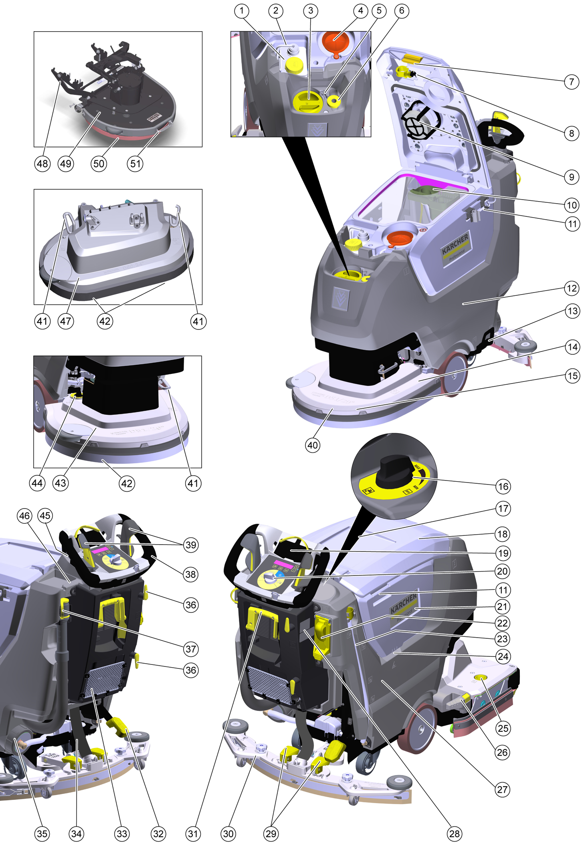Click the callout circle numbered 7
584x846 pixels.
572,82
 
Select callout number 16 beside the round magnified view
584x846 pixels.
503,487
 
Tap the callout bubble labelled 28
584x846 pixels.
455,834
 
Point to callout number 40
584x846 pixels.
313,445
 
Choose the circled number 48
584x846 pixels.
42,164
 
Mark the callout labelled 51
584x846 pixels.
135,164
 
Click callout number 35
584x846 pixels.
42,834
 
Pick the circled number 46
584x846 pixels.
24,516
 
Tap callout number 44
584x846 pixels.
37,483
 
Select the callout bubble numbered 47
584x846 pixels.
66,321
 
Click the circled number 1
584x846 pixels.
241,11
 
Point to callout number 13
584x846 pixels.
572,311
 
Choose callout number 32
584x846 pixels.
158,834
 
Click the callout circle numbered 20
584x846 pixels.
502,571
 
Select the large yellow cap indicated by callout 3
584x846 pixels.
308,101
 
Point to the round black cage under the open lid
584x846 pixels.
418,122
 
